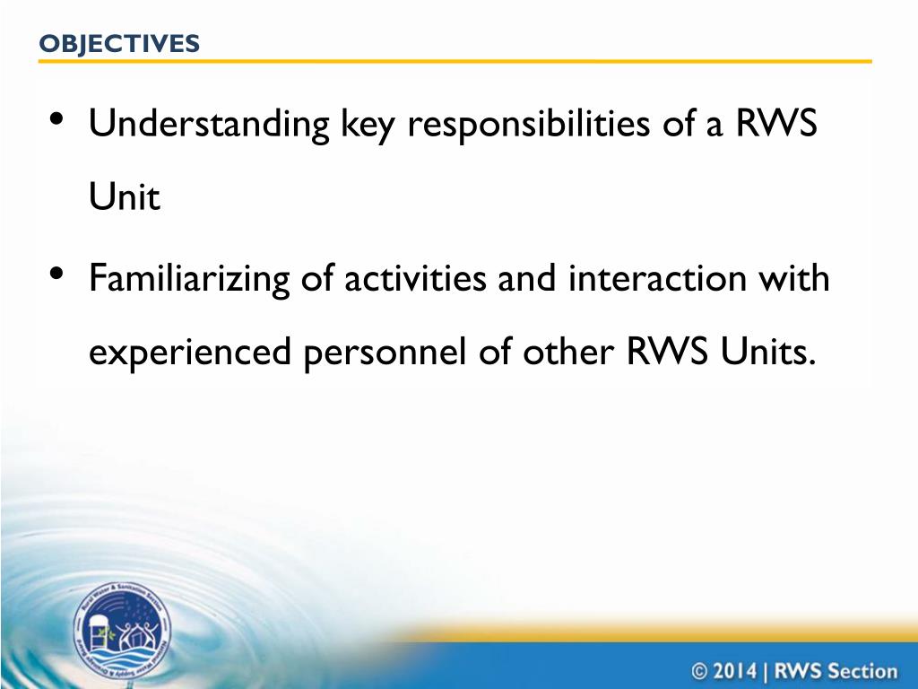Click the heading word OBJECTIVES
click(x=119, y=43)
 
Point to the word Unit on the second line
click(x=124, y=198)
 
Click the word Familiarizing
click(x=190, y=279)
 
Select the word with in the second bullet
click(x=793, y=279)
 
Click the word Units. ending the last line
click(x=768, y=353)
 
